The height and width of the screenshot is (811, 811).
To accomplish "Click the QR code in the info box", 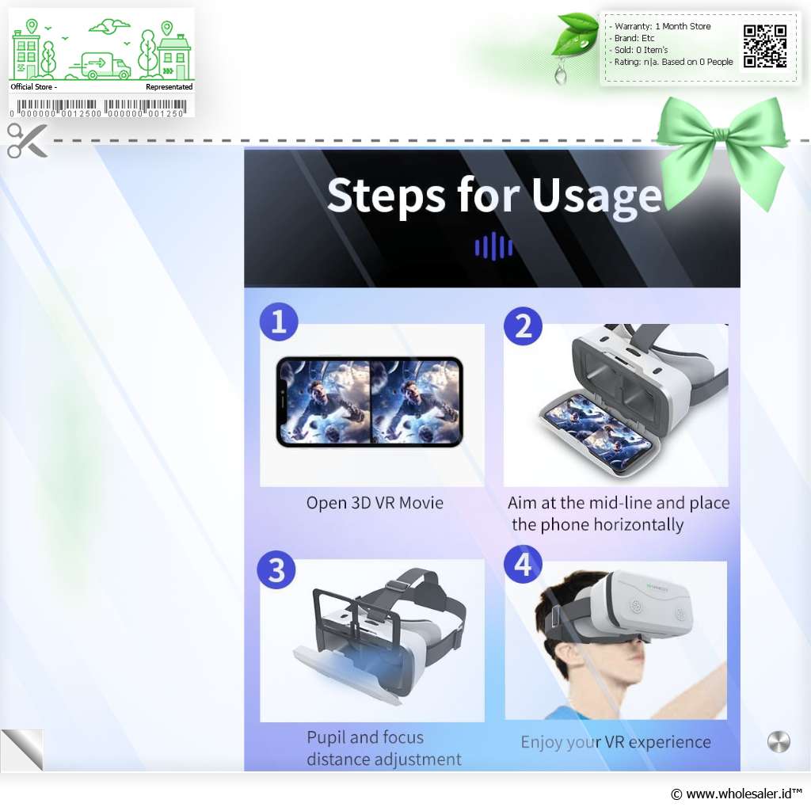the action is [765, 46].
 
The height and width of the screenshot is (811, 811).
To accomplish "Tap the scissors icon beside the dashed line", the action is [27, 140].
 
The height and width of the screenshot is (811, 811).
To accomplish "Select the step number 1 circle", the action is [279, 322].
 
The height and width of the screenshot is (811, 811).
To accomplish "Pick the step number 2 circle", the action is [523, 326].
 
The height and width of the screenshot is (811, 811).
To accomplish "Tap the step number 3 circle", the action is [276, 569].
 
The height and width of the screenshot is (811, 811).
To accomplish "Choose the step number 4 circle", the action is [523, 564].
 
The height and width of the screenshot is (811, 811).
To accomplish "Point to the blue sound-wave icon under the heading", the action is [493, 246].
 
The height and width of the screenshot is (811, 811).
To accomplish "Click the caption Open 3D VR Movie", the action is [375, 503].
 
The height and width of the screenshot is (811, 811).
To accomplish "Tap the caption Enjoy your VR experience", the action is [615, 742].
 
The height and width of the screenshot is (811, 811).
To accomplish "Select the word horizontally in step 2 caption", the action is [638, 525].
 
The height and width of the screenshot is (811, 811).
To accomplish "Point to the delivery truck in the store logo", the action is [100, 66].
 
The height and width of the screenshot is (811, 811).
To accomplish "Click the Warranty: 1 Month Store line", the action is [663, 26].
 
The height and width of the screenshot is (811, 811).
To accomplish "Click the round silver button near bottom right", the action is [779, 742].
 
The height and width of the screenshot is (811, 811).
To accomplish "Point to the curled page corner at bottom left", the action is [22, 750].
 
